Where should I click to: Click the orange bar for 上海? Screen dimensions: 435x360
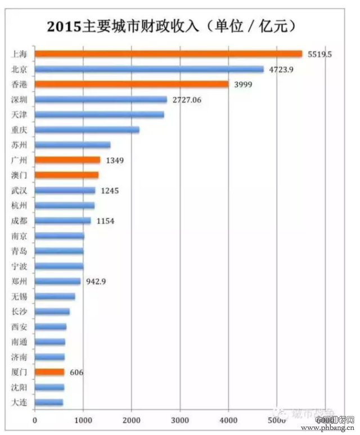tap(169, 54)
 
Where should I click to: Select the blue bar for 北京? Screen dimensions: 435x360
tap(149, 69)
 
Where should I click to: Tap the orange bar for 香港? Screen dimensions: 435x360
tap(132, 84)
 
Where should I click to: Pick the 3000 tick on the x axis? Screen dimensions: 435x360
tap(179, 420)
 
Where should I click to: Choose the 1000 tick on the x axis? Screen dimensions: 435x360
tap(83, 420)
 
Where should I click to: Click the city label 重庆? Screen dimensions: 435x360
tap(19, 130)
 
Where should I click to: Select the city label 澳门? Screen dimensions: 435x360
tap(19, 175)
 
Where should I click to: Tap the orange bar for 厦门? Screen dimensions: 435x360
tap(49, 371)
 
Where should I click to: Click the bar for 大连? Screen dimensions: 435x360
tap(49, 402)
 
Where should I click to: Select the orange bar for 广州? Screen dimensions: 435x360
tap(67, 160)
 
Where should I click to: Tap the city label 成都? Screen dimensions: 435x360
tap(19, 221)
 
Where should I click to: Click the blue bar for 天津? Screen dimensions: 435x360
tap(100, 114)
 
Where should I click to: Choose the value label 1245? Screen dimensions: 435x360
tap(110, 191)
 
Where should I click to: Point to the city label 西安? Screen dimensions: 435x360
tap(19, 326)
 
